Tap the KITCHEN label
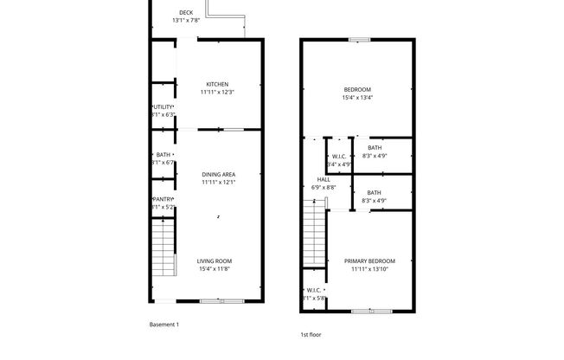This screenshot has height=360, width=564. [x=217, y=84]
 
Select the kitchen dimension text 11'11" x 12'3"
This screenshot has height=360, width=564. [x=217, y=92]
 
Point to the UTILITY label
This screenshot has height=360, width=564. [x=164, y=106]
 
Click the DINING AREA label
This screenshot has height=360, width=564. [x=218, y=174]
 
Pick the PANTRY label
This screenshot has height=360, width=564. [x=163, y=198]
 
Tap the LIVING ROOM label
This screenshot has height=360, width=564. [x=214, y=260]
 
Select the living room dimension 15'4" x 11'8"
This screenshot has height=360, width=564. [x=214, y=268]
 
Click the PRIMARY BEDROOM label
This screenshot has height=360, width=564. [x=369, y=260]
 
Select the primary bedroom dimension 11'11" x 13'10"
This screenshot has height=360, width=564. [x=369, y=268]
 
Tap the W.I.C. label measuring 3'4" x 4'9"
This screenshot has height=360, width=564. [x=339, y=157]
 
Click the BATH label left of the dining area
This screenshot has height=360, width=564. [x=163, y=155]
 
